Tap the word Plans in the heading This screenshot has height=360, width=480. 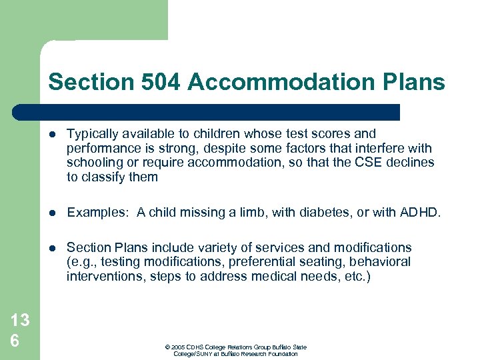click(413, 82)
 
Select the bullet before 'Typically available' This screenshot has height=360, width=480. click(53, 134)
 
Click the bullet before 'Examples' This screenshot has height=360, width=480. click(53, 213)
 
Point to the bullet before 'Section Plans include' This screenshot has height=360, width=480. click(53, 248)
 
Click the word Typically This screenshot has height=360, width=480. click(93, 133)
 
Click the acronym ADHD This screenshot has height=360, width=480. click(419, 212)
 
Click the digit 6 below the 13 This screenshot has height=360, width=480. click(14, 340)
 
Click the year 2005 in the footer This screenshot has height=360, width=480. click(178, 347)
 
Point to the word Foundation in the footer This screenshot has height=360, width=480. click(283, 354)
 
